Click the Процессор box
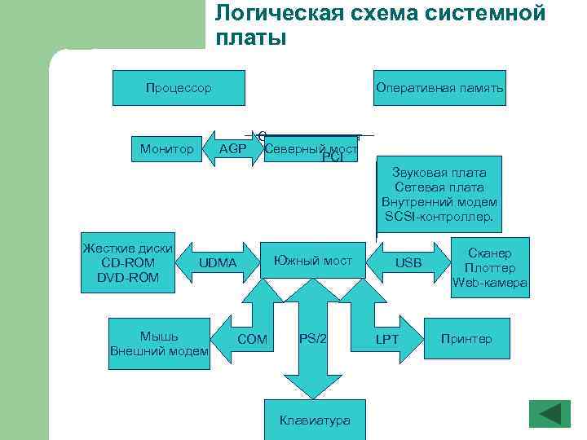pos(178,88)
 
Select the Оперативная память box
pos(439,88)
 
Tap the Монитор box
pos(166,149)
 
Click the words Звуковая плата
pos(439,173)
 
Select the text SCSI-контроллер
pos(439,217)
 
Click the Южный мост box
pos(313,261)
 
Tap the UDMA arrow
pos(218,263)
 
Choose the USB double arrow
pos(408,263)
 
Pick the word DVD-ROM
pos(128,279)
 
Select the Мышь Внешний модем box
pos(159,343)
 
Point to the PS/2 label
pos(313,338)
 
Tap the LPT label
pos(386,338)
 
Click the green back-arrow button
pos(549,413)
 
